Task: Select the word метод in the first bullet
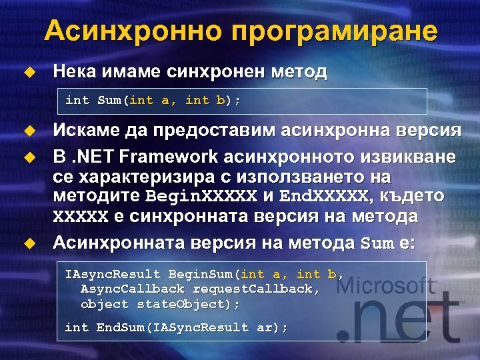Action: pyautogui.click(x=299, y=72)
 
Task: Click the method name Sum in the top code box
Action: pyautogui.click(x=109, y=101)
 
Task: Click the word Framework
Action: pyautogui.click(x=170, y=157)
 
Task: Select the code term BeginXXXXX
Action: pyautogui.click(x=201, y=197)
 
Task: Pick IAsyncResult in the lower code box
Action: pyautogui.click(x=113, y=274)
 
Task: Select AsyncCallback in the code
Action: pyautogui.click(x=133, y=289)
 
